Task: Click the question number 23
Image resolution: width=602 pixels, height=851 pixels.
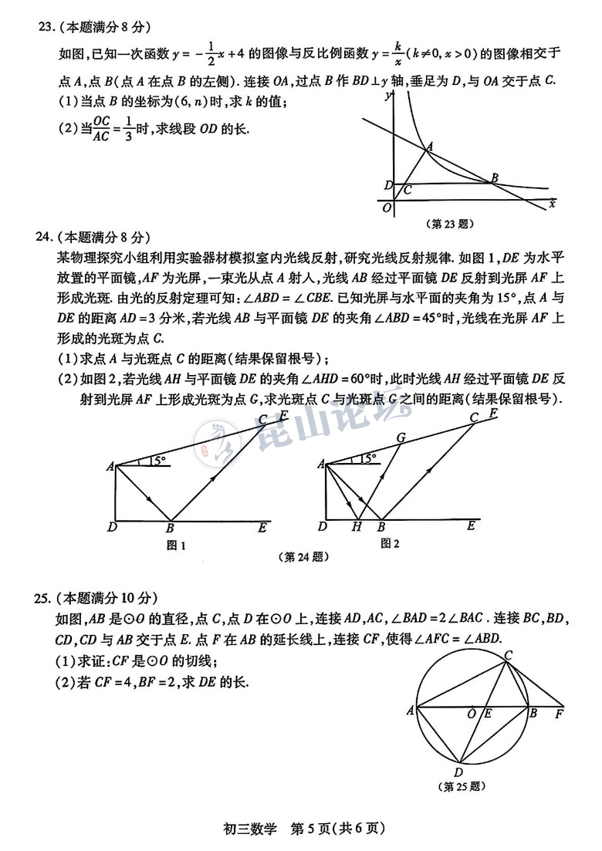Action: (x=45, y=27)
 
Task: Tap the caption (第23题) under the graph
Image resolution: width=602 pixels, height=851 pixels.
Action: (x=449, y=225)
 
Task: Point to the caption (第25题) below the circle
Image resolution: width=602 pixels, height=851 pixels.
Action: (x=461, y=787)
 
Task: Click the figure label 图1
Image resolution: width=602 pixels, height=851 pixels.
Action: (x=177, y=545)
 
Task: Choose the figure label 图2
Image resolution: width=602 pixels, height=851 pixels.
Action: (x=390, y=544)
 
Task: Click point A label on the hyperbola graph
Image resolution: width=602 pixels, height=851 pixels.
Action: (x=429, y=146)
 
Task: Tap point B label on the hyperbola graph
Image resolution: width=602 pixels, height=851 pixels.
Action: (x=494, y=178)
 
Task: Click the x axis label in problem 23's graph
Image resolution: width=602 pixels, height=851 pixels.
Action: (x=551, y=203)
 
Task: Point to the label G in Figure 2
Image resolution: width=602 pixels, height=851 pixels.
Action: (x=401, y=437)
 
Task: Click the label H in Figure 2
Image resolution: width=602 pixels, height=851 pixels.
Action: (x=356, y=528)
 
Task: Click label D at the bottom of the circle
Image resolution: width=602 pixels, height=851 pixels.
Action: (x=458, y=772)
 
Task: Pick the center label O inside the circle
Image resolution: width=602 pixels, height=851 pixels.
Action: (x=472, y=714)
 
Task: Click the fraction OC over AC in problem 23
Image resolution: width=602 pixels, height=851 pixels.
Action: (x=102, y=130)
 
